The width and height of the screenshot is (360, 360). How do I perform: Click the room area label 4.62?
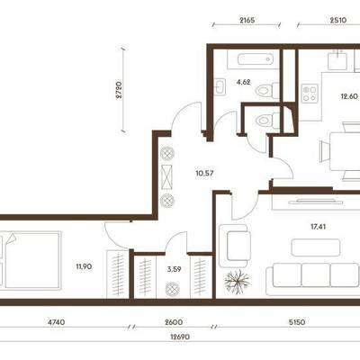tap(243, 82)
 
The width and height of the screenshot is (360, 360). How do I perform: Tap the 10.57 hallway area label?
tap(204, 173)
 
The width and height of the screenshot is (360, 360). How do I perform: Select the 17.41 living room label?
tap(318, 227)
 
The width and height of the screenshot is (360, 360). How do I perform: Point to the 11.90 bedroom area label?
tap(84, 266)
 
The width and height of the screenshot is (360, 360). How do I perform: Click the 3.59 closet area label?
tap(174, 269)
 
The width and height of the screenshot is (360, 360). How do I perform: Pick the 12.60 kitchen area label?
tap(349, 96)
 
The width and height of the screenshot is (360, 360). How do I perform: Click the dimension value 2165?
tap(247, 21)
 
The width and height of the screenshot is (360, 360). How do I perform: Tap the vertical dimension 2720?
tap(119, 90)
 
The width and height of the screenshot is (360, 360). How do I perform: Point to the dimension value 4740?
tap(56, 322)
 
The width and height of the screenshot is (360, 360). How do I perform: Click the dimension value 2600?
tap(174, 322)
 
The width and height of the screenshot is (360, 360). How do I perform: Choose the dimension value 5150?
tap(297, 322)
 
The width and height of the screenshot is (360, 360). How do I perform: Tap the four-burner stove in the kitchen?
tap(310, 94)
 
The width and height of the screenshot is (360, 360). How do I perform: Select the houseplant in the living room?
tap(238, 282)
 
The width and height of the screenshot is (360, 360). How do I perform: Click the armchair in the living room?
tap(235, 246)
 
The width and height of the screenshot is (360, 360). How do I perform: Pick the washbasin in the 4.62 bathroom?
tap(220, 86)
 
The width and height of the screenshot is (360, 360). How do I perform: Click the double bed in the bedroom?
tap(31, 260)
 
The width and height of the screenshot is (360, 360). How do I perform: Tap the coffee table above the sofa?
tap(316, 247)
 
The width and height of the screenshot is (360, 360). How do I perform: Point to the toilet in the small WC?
tap(267, 121)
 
